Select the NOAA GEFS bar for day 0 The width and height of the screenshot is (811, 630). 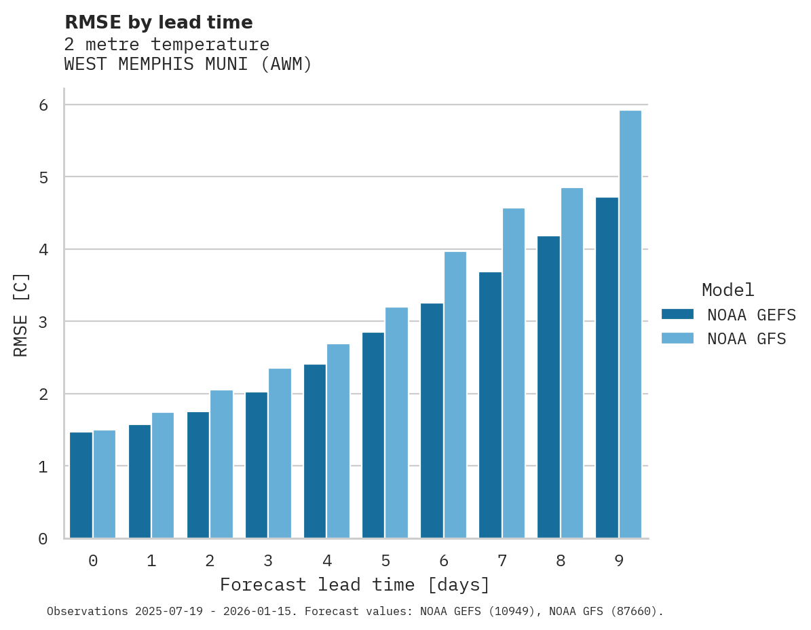[x=81, y=485]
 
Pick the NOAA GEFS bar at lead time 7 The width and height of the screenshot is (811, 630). [x=490, y=405]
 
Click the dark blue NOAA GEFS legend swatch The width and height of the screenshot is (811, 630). [x=677, y=314]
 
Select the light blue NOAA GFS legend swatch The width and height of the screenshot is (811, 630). [x=677, y=339]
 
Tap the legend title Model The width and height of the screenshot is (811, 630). [x=728, y=290]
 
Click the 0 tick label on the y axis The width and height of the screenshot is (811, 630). [x=43, y=539]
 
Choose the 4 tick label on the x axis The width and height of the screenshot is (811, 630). [x=326, y=561]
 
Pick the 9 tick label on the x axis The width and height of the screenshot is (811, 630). [x=618, y=561]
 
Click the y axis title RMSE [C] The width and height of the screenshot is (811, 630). [x=21, y=314]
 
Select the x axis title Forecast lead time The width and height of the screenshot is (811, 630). [x=354, y=585]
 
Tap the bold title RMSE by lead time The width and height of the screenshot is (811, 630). [x=158, y=22]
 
